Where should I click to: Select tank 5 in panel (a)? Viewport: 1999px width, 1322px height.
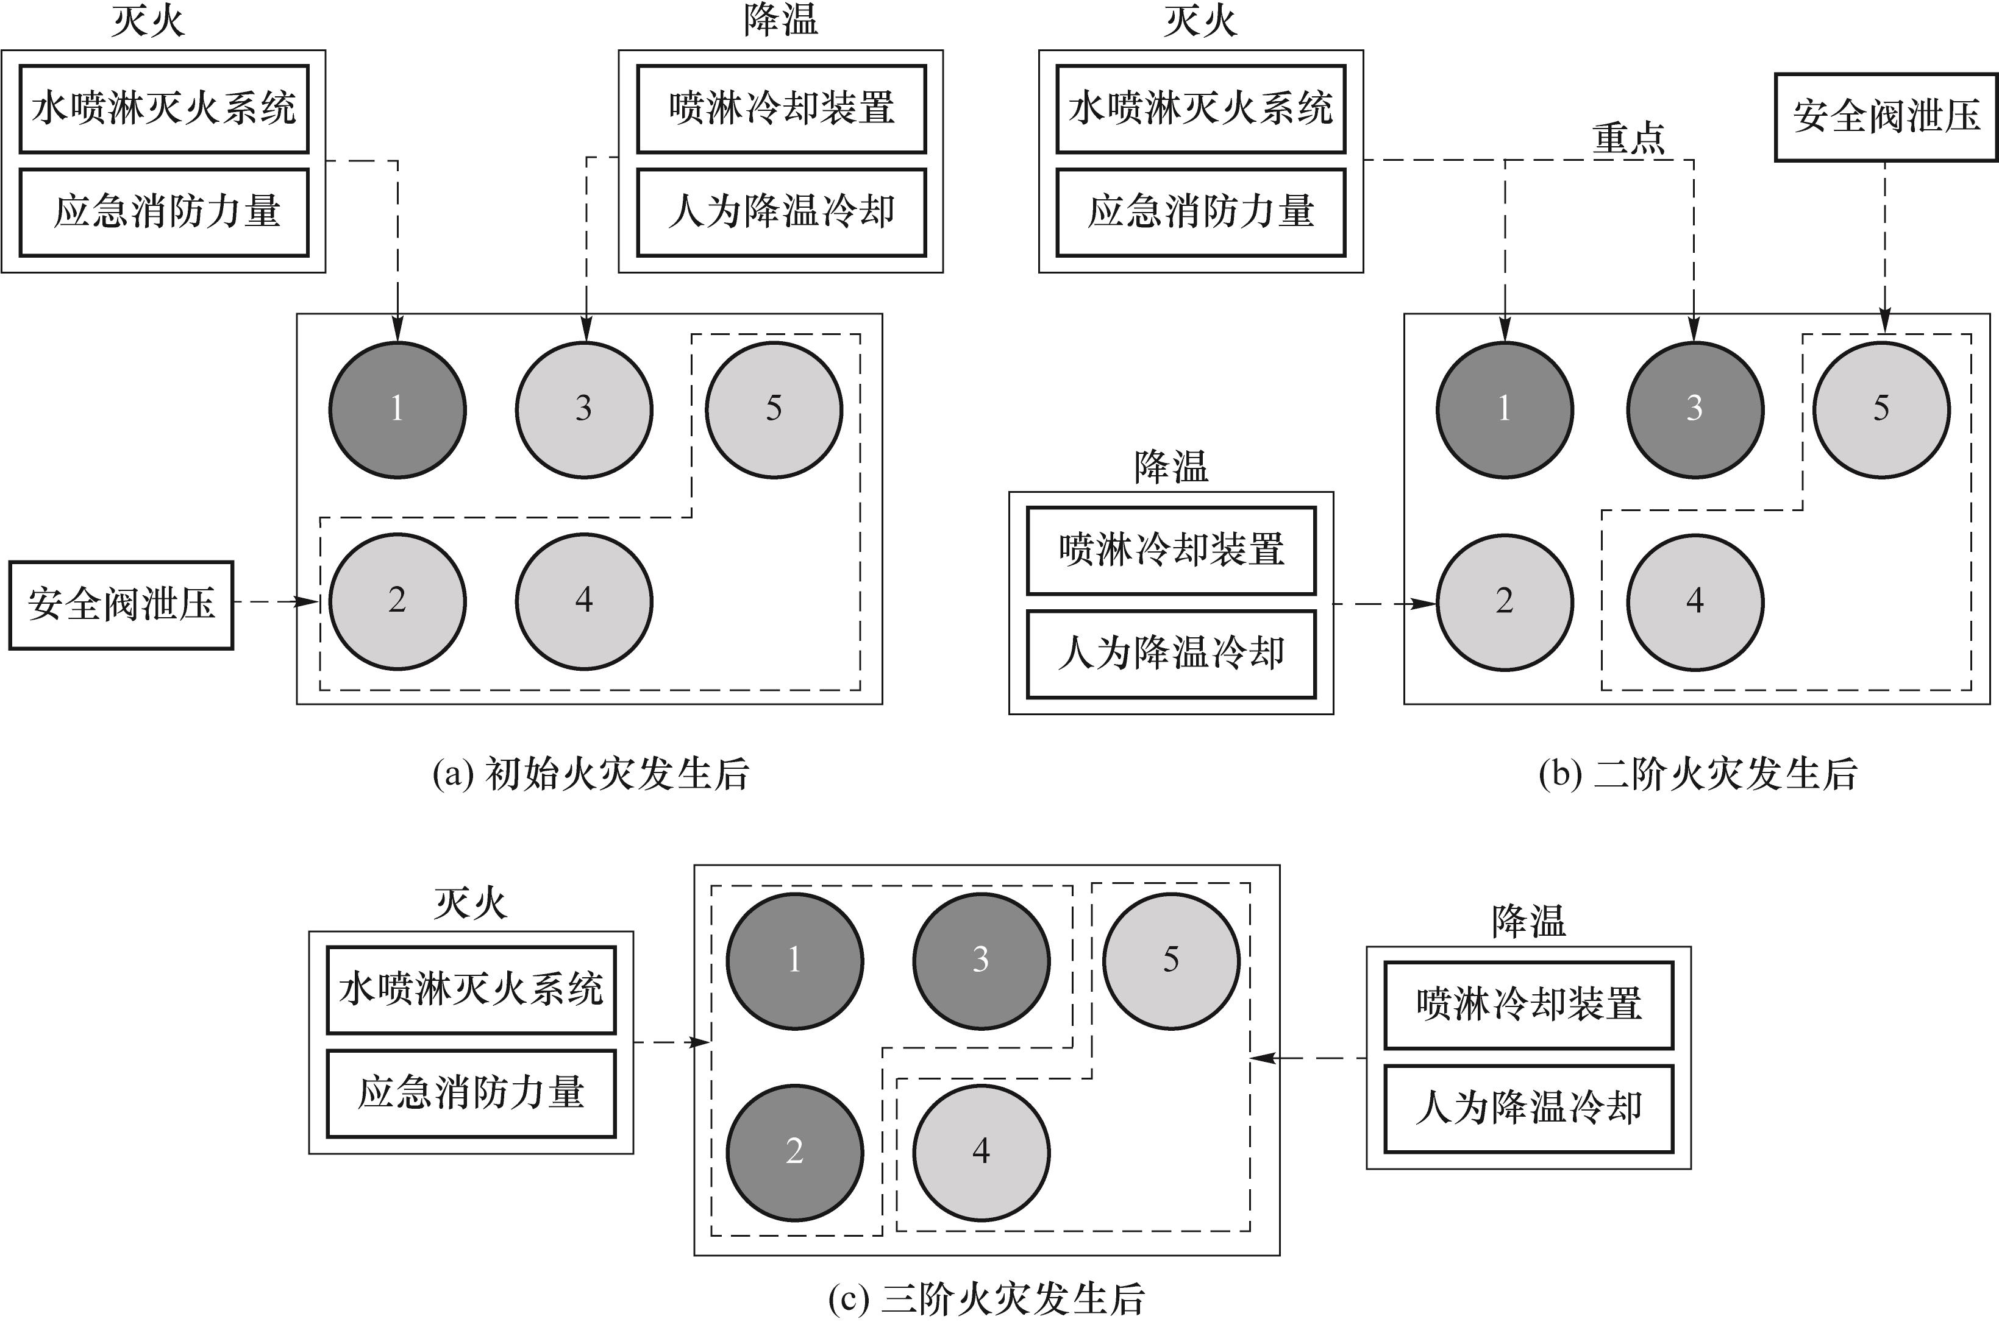[x=774, y=410]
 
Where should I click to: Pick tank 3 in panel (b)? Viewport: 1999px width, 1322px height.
[x=1695, y=410]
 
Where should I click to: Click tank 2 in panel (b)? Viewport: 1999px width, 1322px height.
[x=1505, y=602]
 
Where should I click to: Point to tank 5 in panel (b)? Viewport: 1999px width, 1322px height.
[x=1881, y=410]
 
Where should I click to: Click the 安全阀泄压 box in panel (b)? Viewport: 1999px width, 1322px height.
[x=1886, y=117]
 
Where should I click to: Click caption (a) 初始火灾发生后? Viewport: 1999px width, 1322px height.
[x=590, y=774]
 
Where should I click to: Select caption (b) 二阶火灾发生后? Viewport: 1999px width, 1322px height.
[x=1697, y=774]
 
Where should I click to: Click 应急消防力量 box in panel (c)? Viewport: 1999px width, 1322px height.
[x=471, y=1094]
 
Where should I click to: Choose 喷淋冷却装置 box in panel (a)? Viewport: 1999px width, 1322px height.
[x=781, y=110]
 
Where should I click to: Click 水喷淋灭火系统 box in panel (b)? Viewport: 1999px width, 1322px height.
[x=1200, y=110]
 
